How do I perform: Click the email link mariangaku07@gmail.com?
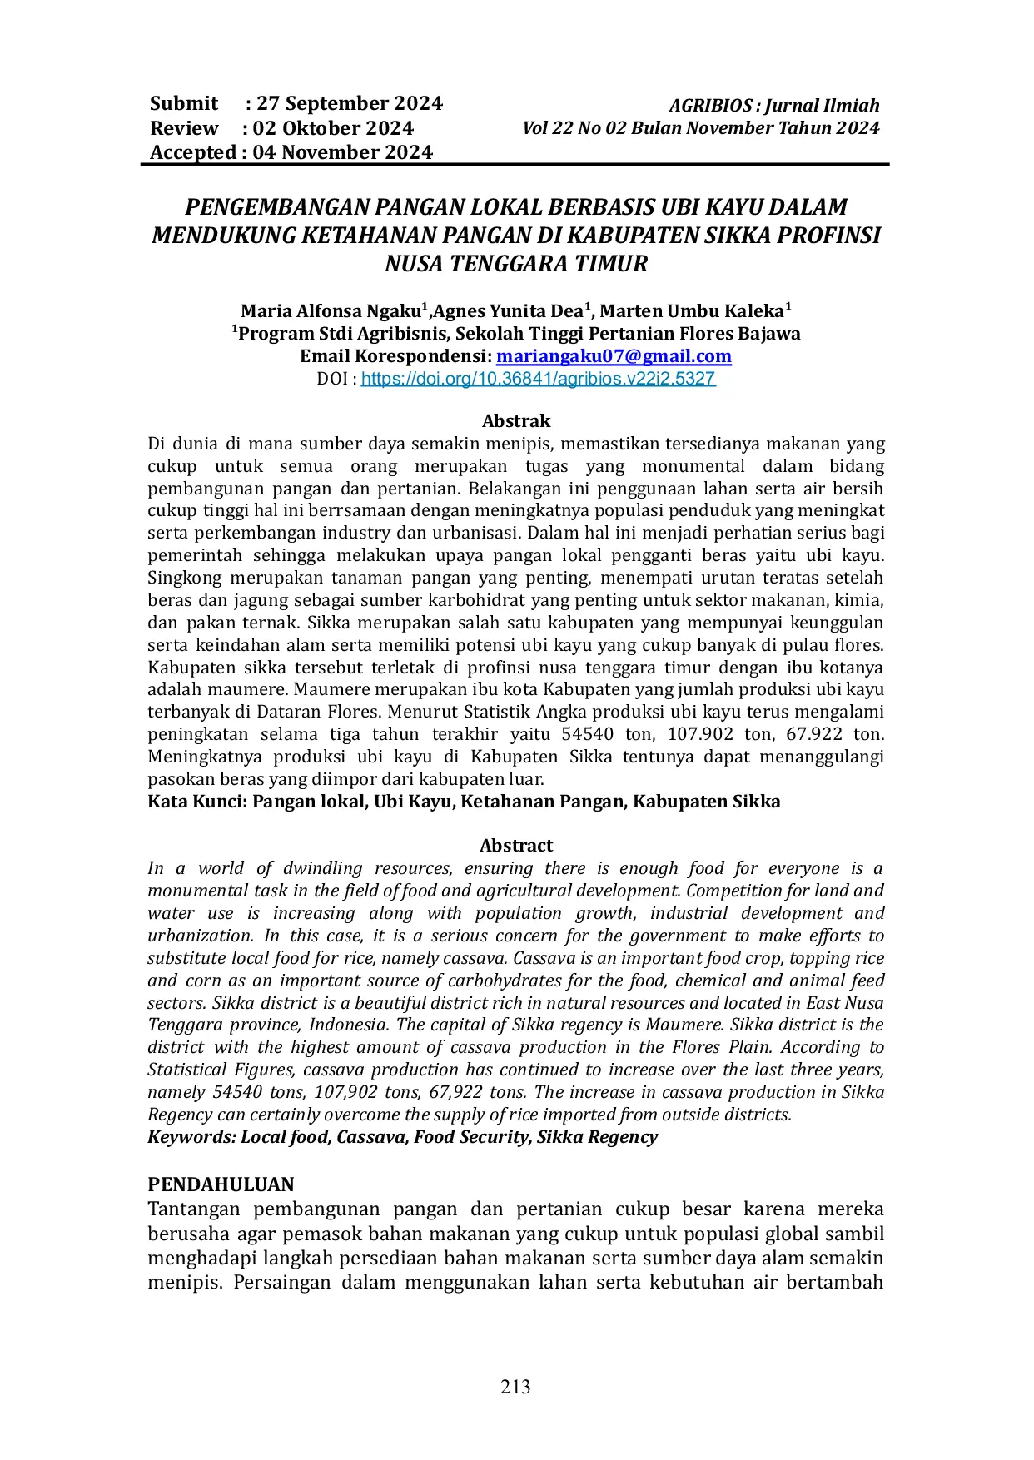614,356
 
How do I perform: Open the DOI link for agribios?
538,379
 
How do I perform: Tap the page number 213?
516,1386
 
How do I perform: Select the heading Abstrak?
516,421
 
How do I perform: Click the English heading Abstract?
516,846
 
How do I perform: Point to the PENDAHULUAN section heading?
221,1184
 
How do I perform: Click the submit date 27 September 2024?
350,103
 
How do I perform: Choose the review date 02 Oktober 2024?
333,128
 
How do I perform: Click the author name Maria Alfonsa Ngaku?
331,311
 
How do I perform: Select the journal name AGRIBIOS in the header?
711,106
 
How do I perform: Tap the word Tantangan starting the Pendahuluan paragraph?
195,1209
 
